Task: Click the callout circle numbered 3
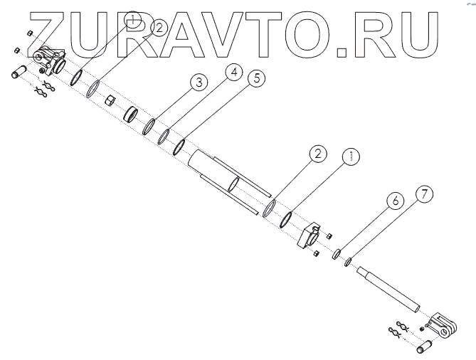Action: point(200,83)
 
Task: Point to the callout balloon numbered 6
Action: point(396,201)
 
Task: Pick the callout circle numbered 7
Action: point(423,194)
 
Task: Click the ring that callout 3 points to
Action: point(149,127)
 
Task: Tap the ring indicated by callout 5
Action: point(179,144)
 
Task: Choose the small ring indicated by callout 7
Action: point(348,262)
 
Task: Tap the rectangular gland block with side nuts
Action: point(310,235)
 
